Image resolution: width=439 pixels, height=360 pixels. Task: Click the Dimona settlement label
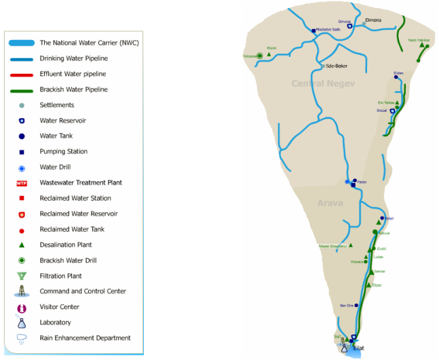373,20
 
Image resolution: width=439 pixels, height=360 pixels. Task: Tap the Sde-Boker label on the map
337,66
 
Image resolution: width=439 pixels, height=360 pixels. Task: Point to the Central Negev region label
320,83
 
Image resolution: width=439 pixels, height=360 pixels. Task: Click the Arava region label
329,203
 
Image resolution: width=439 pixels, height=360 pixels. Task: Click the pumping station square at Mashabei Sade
313,31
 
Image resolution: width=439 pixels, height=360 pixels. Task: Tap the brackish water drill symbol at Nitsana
260,56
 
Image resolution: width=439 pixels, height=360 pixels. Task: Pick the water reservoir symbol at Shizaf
392,111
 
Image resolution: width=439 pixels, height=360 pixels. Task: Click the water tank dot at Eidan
396,77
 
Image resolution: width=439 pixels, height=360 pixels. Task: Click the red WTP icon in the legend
22,183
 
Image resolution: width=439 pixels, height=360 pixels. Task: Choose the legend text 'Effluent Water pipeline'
73,74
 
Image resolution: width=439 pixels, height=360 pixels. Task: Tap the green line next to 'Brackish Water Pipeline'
22,89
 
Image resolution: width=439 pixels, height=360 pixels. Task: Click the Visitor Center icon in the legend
22,307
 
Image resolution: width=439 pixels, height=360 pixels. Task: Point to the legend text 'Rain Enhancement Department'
85,338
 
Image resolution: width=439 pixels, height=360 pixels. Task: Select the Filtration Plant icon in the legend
22,276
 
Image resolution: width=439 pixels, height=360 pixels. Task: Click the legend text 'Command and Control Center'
83,292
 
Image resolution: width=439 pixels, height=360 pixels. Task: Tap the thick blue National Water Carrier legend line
22,43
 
